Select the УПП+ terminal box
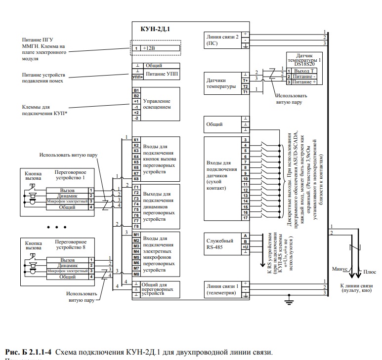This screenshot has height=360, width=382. click(137, 77)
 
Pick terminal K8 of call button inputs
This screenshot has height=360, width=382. click(136, 179)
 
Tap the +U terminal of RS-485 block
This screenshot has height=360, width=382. click(245, 246)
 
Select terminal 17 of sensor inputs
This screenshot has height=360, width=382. click(245, 218)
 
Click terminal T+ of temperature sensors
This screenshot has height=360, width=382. click(245, 80)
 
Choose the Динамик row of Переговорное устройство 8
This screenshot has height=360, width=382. click(67, 265)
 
